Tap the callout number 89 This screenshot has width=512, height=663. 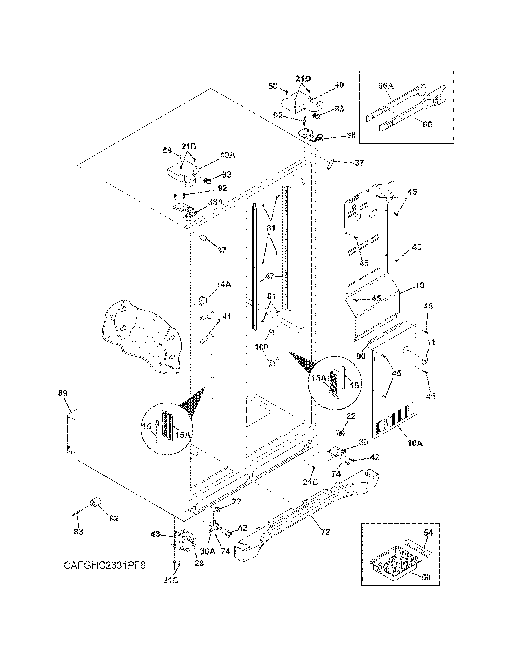(63, 393)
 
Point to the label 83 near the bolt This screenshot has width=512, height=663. (78, 532)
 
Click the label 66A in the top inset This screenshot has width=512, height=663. (386, 86)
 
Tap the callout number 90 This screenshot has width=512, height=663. (361, 356)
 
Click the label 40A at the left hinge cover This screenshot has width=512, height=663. (227, 155)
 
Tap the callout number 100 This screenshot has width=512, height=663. (261, 347)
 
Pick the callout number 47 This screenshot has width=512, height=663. (269, 276)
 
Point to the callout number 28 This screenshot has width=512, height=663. (199, 563)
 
